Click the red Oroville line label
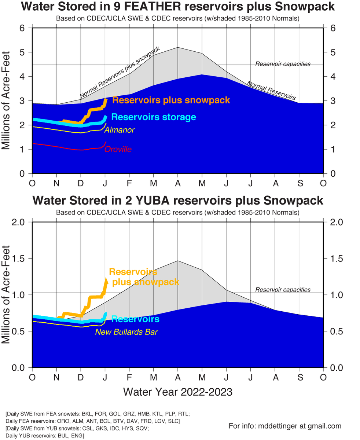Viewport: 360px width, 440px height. [118, 149]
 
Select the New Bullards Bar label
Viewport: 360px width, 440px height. [126, 332]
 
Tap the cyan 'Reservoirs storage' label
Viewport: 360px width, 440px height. [153, 117]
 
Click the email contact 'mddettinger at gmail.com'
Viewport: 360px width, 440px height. [285, 426]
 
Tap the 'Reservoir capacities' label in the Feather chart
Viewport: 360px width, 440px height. [283, 64]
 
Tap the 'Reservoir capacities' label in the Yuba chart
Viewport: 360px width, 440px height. [283, 290]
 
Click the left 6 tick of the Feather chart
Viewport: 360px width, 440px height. [22, 28]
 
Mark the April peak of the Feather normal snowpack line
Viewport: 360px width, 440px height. [177, 47]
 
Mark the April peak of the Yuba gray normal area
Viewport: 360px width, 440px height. [177, 261]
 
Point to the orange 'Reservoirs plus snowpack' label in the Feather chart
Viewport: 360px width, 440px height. [171, 100]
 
